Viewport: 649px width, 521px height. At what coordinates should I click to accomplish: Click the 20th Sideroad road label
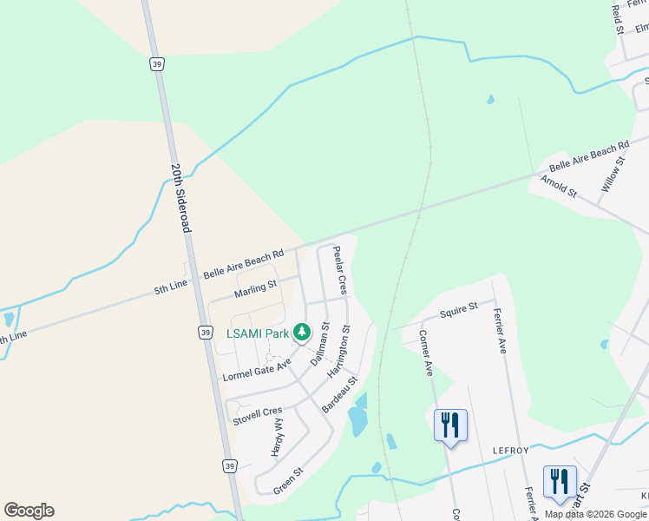click(x=180, y=198)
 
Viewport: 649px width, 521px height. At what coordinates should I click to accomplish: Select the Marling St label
click(x=254, y=286)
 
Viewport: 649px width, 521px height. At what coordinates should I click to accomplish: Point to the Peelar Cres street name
click(x=340, y=270)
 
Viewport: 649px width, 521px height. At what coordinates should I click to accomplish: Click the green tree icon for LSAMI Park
click(x=302, y=332)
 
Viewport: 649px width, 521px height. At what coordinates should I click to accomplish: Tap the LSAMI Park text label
click(x=259, y=332)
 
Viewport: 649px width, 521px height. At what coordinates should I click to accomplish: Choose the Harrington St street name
click(x=338, y=352)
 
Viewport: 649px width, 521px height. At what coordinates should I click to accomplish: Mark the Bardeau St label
click(x=339, y=394)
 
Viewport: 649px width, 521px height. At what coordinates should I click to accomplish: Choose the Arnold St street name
click(x=558, y=186)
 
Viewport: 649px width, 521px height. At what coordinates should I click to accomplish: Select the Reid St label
click(x=618, y=18)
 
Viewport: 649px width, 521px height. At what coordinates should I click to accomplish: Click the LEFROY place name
click(x=510, y=450)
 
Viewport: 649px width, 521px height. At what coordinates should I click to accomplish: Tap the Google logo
click(x=29, y=511)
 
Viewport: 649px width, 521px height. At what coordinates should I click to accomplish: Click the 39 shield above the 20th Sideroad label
click(x=156, y=63)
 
